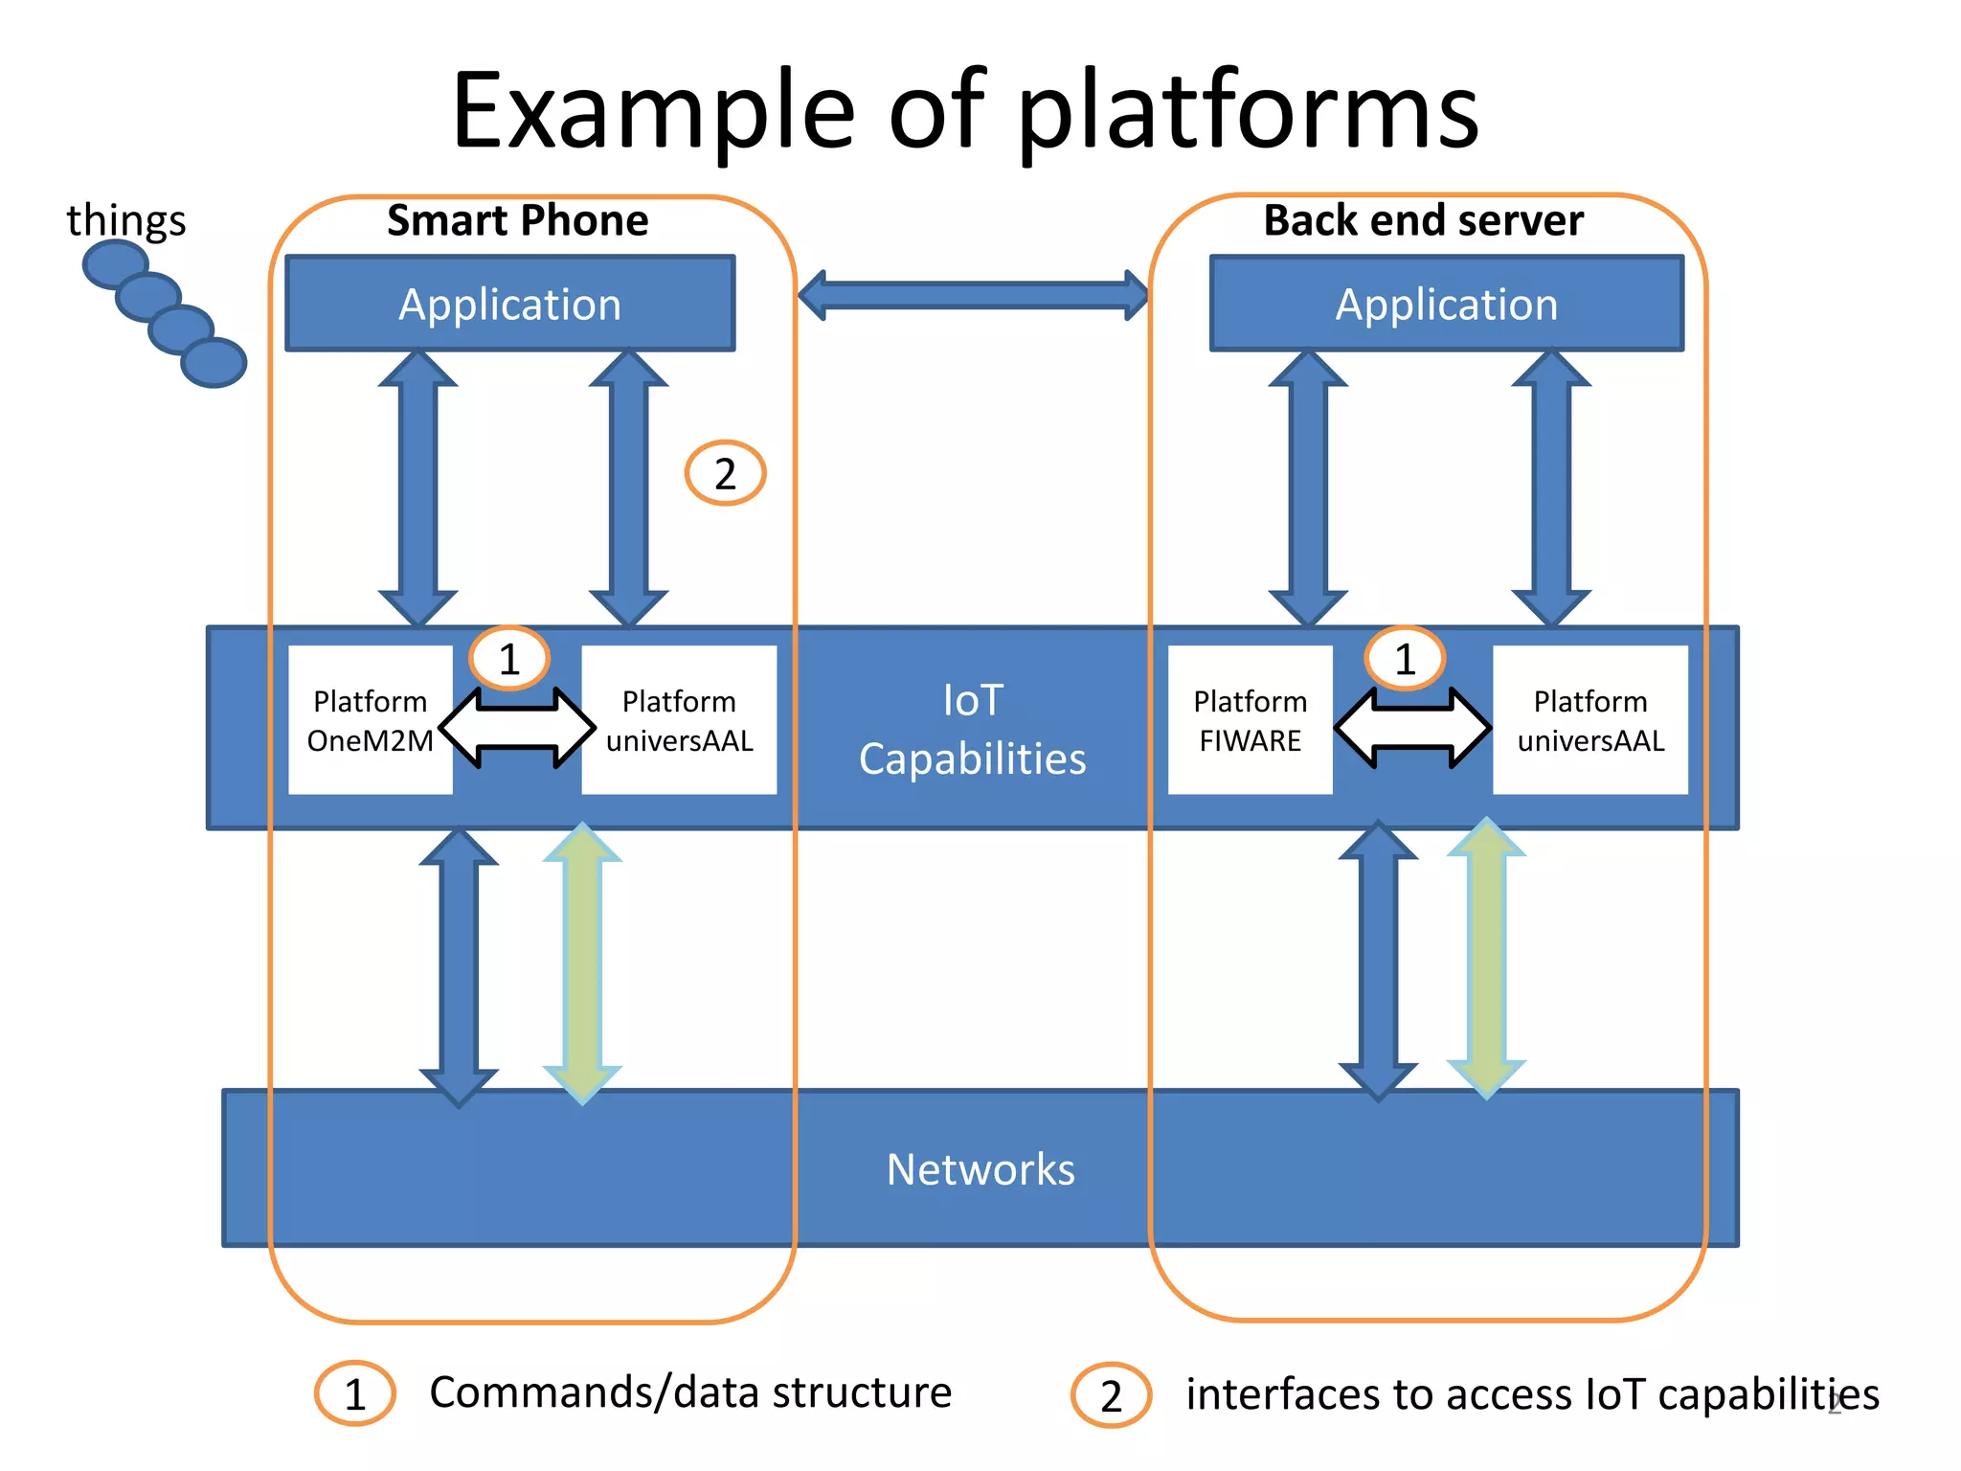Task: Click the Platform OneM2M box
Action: point(370,720)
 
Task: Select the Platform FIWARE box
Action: point(1250,720)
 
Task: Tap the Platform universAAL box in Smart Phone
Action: point(679,720)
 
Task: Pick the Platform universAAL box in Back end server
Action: point(1589,720)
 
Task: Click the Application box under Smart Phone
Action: point(509,304)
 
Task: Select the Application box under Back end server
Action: point(1446,304)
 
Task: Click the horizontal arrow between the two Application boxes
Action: point(973,295)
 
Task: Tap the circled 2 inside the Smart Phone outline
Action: point(725,473)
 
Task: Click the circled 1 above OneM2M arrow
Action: point(509,659)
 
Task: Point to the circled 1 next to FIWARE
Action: point(1405,659)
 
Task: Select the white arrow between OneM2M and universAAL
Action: point(517,728)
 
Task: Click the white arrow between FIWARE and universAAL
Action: point(1412,728)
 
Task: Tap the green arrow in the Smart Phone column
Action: point(582,962)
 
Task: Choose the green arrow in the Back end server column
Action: point(1486,958)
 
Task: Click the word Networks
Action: point(980,1169)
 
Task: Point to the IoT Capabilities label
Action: point(973,730)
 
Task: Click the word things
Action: point(125,220)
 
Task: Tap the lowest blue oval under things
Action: point(214,363)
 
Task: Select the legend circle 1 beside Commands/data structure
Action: point(354,1393)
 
